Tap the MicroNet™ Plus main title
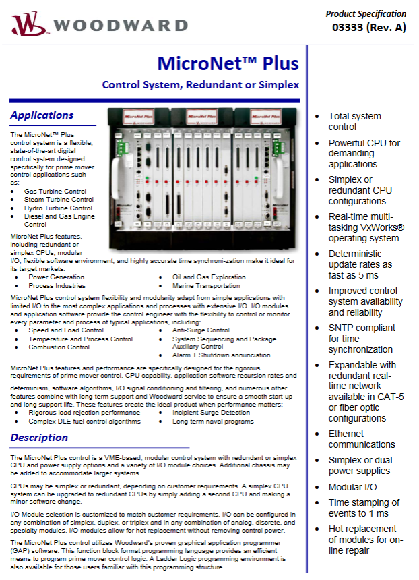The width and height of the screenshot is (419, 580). (228, 64)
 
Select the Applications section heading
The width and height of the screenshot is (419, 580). (42, 115)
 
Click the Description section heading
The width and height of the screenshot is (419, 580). (39, 438)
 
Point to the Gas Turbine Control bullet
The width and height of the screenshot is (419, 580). (55, 192)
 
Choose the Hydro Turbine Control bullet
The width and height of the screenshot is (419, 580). (58, 208)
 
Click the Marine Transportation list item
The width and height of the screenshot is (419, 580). (206, 285)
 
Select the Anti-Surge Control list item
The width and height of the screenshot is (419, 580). (201, 330)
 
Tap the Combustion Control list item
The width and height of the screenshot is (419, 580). (59, 347)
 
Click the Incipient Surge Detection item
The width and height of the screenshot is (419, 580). (211, 412)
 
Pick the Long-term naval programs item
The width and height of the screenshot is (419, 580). (213, 421)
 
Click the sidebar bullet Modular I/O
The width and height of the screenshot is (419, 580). (353, 487)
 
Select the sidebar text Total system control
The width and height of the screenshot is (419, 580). (355, 121)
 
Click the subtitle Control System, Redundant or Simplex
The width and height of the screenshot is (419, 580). (200, 86)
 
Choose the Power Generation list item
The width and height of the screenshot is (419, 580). (57, 277)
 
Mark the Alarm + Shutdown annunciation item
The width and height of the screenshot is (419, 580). (222, 355)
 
